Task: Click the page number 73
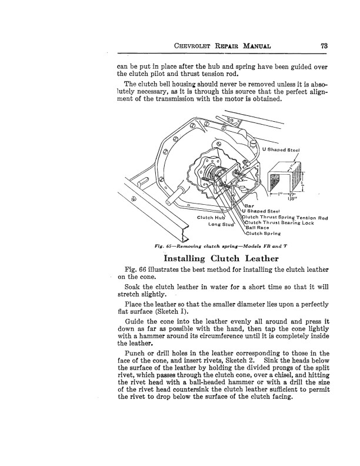324,46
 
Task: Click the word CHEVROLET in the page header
192,46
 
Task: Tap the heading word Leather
262,258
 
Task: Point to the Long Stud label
221,224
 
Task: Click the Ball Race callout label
257,228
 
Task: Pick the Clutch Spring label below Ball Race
263,234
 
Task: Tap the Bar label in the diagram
249,206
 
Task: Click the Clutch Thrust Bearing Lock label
279,222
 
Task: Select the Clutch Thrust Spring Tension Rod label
285,218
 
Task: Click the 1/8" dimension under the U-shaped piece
291,199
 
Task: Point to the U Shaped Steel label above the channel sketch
281,150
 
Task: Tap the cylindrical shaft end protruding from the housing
176,195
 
